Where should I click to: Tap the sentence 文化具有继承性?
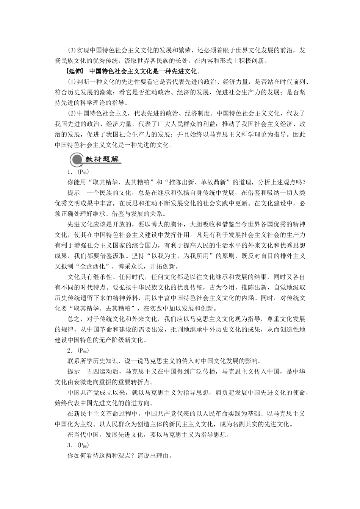point(91,276)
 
